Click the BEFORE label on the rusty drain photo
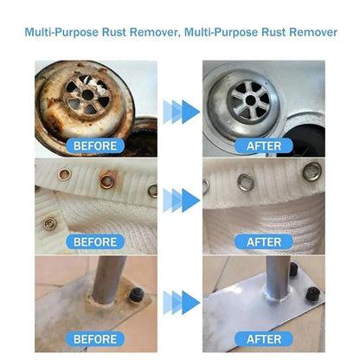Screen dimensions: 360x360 (x=96, y=145)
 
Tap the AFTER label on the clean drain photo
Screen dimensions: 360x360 (x=263, y=145)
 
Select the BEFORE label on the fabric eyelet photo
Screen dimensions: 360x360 (x=96, y=241)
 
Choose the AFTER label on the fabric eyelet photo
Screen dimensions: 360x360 (x=263, y=241)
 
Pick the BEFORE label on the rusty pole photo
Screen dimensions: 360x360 (x=96, y=338)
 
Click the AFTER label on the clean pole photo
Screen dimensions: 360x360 (x=263, y=338)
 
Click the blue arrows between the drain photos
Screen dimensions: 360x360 (x=179, y=110)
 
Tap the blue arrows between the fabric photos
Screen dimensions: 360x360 (x=179, y=205)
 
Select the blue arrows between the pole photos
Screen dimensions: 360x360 (x=179, y=302)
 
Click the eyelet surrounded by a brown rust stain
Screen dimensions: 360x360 (x=107, y=181)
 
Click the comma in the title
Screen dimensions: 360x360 (x=178, y=35)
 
